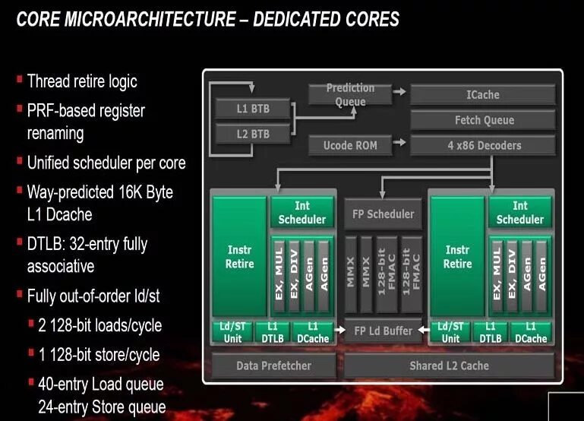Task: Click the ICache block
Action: (482, 95)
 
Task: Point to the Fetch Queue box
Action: (482, 120)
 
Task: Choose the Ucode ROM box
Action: (349, 144)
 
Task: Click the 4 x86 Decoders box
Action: (482, 144)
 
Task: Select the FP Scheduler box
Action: (383, 214)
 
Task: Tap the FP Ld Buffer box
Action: (383, 331)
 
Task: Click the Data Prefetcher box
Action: (273, 366)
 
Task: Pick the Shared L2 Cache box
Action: (448, 366)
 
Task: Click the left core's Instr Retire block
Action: (239, 257)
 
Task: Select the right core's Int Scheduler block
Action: (519, 213)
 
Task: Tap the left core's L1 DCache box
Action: (312, 332)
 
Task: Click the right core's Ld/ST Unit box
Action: (450, 332)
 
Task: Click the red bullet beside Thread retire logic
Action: (19, 78)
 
